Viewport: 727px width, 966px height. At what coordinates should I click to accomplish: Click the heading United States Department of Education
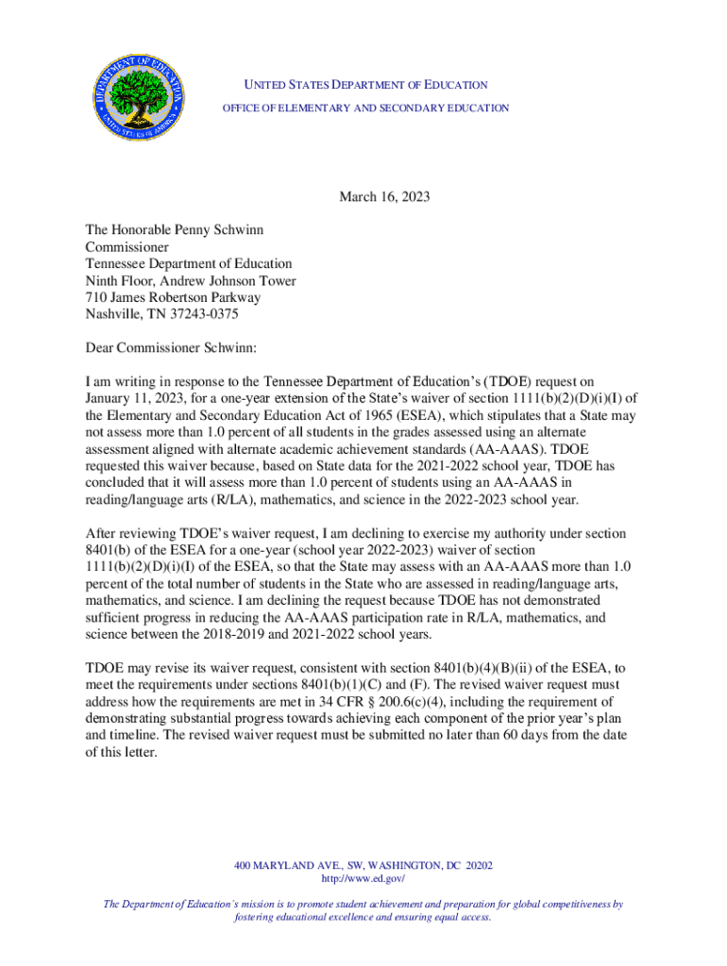(365, 85)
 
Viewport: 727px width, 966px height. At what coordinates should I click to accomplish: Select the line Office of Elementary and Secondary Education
(365, 108)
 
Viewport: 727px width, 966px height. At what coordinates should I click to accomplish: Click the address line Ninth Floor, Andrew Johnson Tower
(191, 281)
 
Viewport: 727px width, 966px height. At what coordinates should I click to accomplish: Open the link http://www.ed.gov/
(363, 878)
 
